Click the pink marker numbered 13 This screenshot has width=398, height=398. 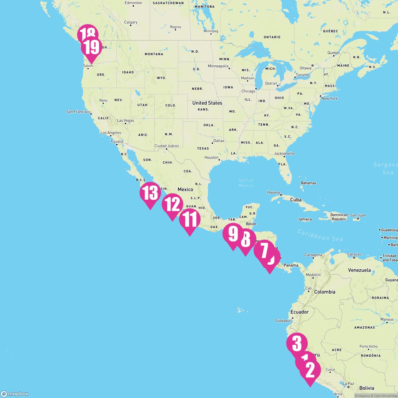[150, 193]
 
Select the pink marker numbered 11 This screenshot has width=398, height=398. [190, 220]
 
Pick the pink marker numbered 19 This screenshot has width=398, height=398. [91, 47]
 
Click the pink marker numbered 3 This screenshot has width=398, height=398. [297, 343]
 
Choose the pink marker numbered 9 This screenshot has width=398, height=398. [233, 234]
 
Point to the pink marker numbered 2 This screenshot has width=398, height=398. [310, 370]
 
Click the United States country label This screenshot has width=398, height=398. [207, 103]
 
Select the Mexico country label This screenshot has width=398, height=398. [185, 189]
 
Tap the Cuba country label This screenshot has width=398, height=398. [296, 200]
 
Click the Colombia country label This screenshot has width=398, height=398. [325, 292]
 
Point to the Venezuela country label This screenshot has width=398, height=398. [359, 270]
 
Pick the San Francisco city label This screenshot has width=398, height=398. [78, 112]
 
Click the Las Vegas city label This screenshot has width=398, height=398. [126, 120]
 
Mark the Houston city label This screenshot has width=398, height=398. [212, 158]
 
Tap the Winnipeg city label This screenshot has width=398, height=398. [211, 31]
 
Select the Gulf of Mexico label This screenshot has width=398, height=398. [246, 183]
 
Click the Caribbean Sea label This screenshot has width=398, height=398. [320, 235]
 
